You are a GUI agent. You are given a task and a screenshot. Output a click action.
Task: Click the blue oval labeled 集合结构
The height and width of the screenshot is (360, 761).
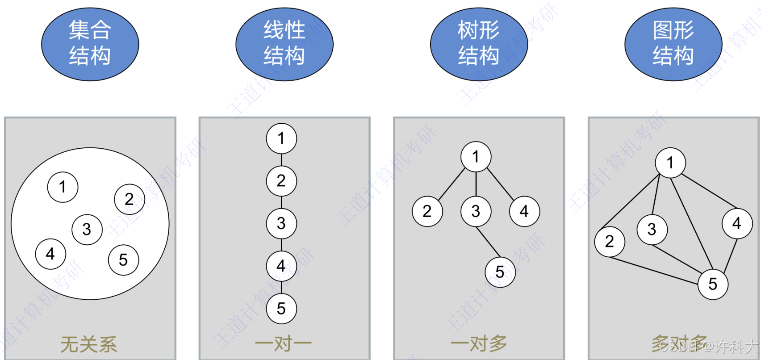[x=90, y=44]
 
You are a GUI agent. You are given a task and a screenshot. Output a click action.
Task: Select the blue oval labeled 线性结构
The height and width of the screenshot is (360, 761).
[x=284, y=44]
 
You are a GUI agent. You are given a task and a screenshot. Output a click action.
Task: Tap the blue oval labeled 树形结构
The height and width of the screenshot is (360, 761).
[x=479, y=44]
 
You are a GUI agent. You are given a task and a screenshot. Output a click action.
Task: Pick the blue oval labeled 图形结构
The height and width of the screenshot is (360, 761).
[x=673, y=44]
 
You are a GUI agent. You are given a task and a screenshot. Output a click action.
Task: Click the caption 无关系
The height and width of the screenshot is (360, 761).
[x=89, y=344]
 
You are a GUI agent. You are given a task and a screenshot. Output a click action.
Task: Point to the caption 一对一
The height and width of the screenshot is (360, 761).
[x=283, y=344]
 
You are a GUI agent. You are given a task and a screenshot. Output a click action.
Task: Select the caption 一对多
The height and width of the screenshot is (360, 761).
[x=479, y=344]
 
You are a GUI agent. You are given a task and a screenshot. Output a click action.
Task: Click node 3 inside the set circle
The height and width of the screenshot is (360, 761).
[x=87, y=230]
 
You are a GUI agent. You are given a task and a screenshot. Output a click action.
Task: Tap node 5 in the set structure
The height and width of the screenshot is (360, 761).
[x=124, y=260]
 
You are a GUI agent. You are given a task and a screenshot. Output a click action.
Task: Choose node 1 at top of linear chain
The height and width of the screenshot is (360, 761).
[x=281, y=138]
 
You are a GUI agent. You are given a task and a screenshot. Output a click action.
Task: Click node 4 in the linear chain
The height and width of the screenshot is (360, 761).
[x=281, y=266]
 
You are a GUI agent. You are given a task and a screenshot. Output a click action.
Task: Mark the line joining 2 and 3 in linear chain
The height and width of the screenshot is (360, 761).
[x=281, y=202]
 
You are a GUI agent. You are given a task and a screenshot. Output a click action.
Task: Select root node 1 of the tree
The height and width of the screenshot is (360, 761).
[x=476, y=157]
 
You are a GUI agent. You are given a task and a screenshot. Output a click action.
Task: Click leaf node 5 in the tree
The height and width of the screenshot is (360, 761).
[x=500, y=272]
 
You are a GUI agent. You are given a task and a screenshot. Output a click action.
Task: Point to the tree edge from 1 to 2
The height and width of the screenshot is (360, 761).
[x=452, y=184]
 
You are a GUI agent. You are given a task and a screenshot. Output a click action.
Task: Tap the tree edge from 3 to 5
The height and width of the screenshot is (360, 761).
[x=488, y=242]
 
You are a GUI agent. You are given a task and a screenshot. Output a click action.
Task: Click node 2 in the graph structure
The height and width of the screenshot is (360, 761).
[x=610, y=242]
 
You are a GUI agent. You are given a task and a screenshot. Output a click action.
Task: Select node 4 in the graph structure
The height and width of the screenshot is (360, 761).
[x=737, y=223]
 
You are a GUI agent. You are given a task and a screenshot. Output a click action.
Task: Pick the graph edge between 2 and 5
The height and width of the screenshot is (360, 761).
[x=654, y=271]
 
